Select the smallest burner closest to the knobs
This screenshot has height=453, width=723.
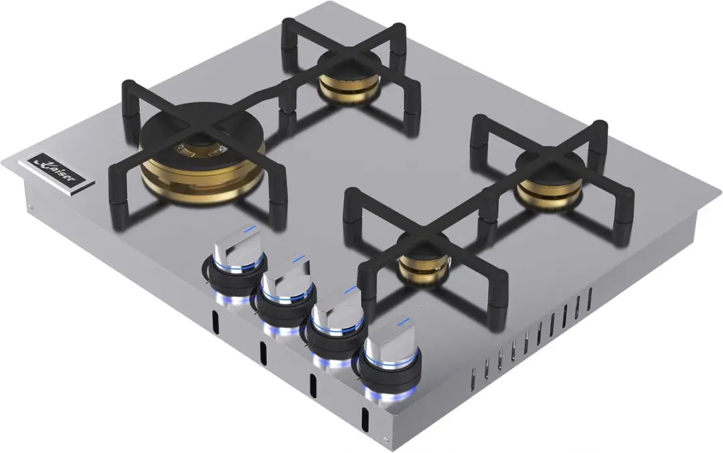click(x=423, y=260)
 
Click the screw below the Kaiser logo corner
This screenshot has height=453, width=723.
click(x=31, y=208)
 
